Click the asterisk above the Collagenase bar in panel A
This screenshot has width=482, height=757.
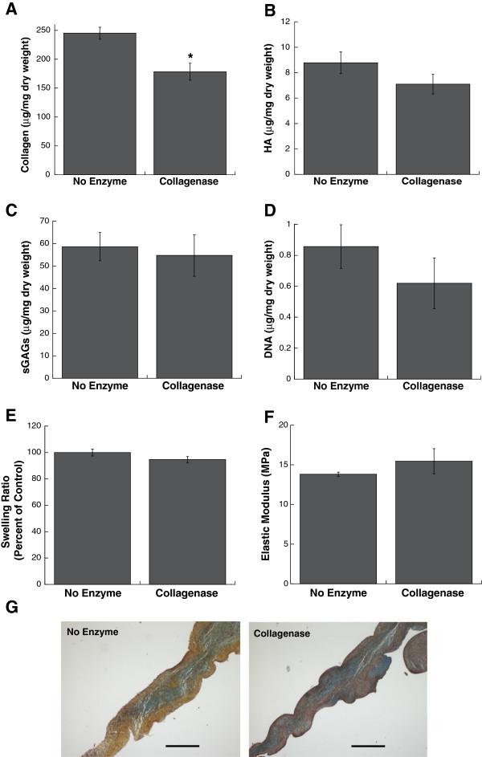coord(190,57)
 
